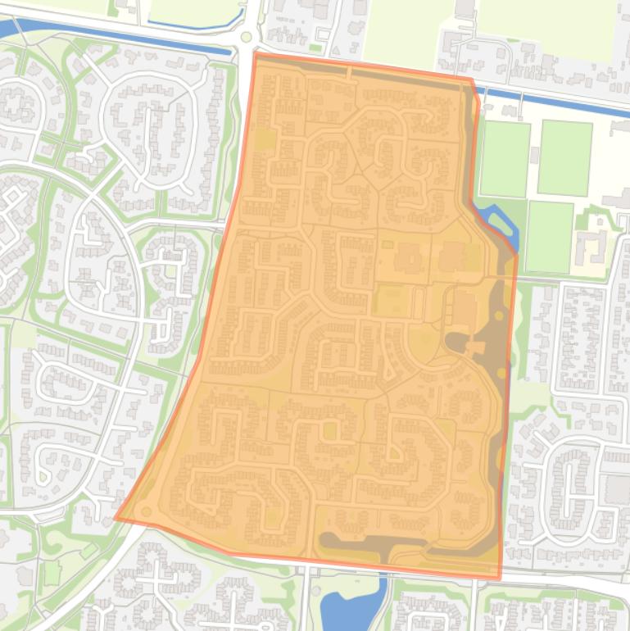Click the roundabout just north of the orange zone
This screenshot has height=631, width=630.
click(x=247, y=37)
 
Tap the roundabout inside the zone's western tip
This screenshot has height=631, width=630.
click(x=147, y=511)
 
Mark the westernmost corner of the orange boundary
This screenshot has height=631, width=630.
click(x=116, y=518)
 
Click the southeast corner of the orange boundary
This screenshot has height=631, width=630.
click(x=500, y=579)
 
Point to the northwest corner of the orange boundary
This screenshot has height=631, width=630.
click(x=256, y=54)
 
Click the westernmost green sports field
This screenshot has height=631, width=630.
click(x=504, y=159)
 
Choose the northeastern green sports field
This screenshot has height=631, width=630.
click(x=564, y=158)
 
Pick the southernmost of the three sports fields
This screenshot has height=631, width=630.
click(x=549, y=237)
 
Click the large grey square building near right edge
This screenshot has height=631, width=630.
click(x=617, y=489)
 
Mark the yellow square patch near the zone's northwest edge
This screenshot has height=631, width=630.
click(x=264, y=139)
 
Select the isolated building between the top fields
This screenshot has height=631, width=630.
click(x=465, y=9)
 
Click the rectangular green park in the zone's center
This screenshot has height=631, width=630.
click(x=392, y=301)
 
